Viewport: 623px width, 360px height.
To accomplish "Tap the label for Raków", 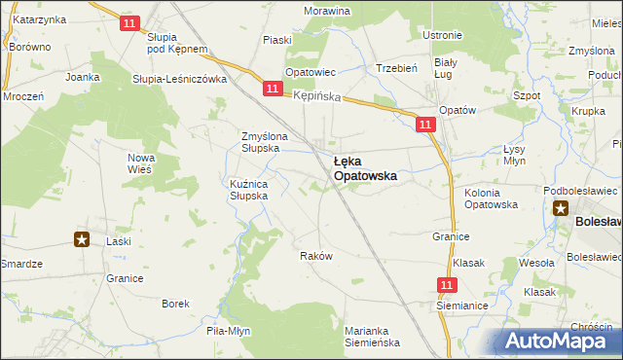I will coord(317,256).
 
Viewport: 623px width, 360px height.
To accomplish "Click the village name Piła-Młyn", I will coord(229,331).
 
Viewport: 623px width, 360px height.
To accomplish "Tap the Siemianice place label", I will coord(461,305).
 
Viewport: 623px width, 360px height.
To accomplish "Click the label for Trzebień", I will coord(396,68).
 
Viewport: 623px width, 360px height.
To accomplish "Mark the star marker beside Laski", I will coord(82,239).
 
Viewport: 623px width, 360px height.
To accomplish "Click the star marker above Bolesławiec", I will coord(561,206).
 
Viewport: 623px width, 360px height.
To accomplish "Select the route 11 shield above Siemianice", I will coord(447,284).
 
